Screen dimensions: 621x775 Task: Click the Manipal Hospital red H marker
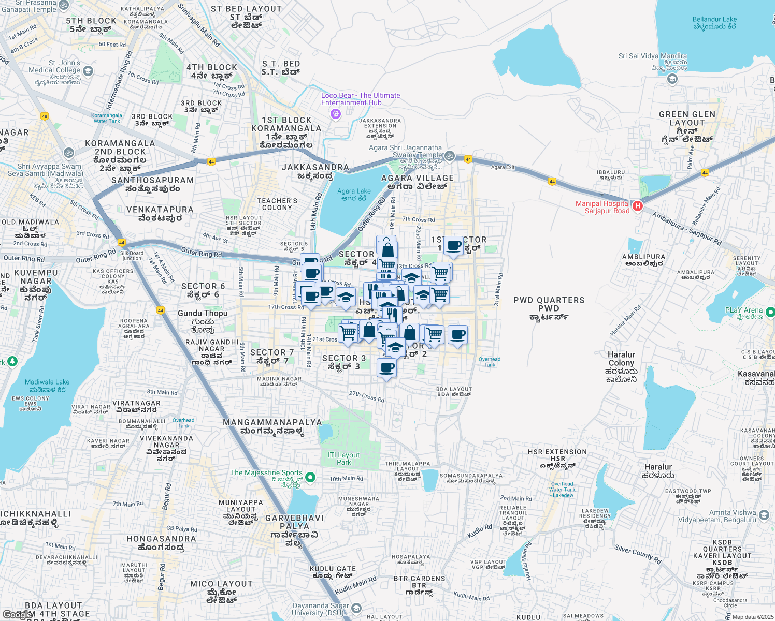(638, 206)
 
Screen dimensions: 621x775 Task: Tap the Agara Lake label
(354, 195)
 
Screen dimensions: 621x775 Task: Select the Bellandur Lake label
(714, 23)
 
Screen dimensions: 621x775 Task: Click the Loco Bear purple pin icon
(336, 113)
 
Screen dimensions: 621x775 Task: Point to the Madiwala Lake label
(47, 386)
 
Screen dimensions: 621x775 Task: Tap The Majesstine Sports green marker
(310, 477)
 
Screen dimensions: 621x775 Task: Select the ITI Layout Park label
(343, 459)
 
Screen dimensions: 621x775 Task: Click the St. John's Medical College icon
(88, 71)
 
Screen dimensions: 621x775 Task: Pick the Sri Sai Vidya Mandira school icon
(672, 79)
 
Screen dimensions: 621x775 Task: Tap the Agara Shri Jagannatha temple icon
(450, 155)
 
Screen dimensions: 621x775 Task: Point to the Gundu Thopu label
(203, 313)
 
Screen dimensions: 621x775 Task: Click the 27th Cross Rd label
(366, 396)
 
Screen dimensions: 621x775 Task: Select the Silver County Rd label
(638, 554)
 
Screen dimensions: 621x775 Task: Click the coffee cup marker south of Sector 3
(386, 368)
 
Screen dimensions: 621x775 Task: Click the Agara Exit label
(503, 167)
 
